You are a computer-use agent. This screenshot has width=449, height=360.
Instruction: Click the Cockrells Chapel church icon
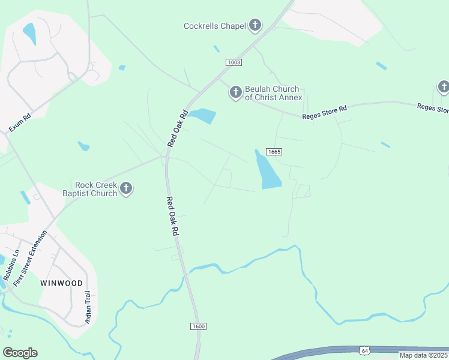255,25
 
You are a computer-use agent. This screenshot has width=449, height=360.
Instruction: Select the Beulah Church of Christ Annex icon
235,92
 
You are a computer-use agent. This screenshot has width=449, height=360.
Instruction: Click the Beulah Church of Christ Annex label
273,93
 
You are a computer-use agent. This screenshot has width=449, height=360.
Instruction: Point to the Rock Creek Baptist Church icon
126,189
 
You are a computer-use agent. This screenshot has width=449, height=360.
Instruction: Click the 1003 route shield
234,62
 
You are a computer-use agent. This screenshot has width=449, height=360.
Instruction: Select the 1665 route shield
273,152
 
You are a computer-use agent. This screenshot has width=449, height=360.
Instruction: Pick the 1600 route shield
199,326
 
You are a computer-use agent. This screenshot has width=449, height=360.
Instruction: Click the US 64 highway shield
364,350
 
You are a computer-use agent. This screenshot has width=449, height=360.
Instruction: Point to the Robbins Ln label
11,265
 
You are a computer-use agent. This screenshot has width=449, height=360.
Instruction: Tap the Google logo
20,353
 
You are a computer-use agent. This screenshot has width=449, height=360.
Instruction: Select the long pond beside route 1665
268,170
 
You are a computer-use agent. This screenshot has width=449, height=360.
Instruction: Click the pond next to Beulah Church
203,115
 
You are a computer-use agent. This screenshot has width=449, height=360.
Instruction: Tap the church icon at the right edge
444,88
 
